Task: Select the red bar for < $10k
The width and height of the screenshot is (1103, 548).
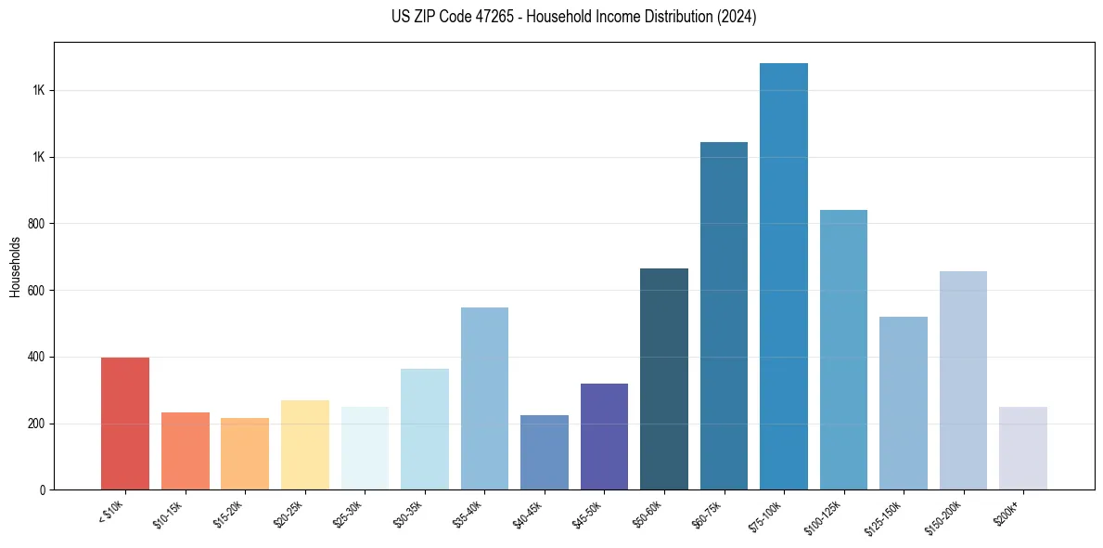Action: coord(125,424)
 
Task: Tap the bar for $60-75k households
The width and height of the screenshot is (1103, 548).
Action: coord(724,316)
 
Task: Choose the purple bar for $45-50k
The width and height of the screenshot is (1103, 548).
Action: coord(604,437)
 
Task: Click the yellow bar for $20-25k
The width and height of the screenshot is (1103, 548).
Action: coord(304,445)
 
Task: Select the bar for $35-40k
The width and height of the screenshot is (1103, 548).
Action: coord(484,398)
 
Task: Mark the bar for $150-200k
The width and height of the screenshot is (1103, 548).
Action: coord(963,381)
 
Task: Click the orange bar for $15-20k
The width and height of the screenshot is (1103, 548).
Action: coord(245,454)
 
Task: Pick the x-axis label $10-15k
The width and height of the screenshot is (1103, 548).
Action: coord(181,512)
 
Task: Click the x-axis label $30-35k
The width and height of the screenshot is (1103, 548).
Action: coord(420,512)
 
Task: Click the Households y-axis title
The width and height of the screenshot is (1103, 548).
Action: coord(15,267)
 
